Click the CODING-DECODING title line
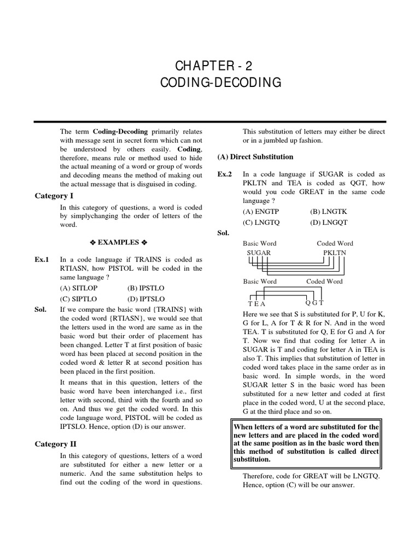tap(221, 83)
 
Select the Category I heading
tap(54, 196)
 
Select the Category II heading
tap(55, 444)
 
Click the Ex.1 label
tap(42, 259)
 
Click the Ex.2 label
tap(225, 173)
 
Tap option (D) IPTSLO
tap(145, 299)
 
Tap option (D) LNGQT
tap(329, 223)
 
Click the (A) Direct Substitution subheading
tap(255, 157)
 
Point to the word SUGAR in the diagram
tap(259, 253)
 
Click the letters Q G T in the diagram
tap(314, 302)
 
